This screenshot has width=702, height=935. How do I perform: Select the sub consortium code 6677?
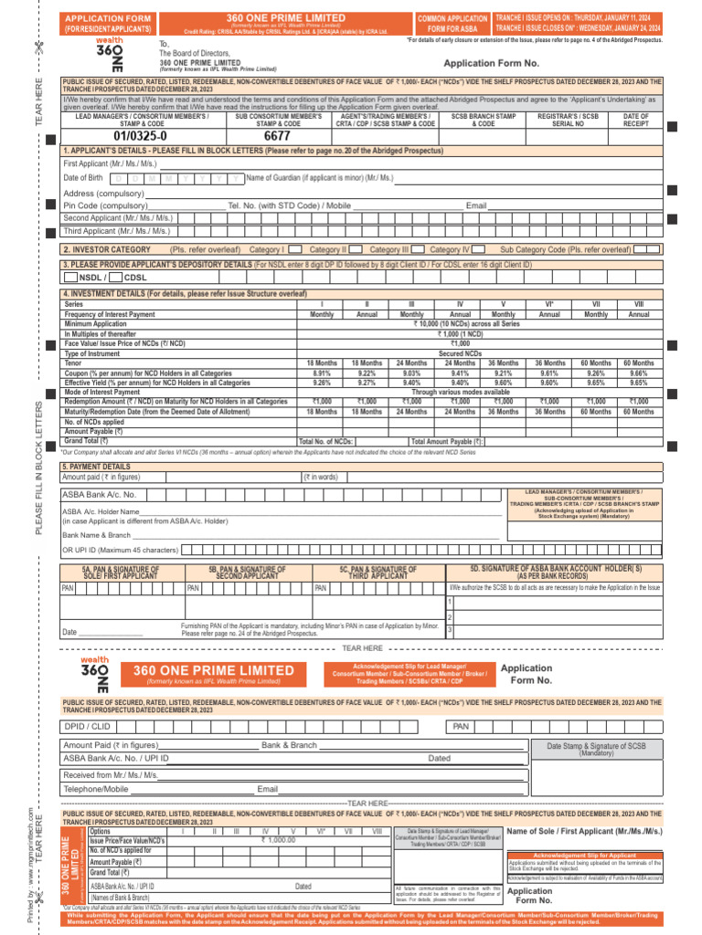click(276, 136)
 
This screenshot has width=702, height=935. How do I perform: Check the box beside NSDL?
click(70, 277)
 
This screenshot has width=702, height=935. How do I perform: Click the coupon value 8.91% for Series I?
click(321, 373)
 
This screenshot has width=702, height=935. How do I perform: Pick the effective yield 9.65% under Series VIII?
click(638, 383)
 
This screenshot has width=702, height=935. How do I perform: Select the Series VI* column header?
click(549, 303)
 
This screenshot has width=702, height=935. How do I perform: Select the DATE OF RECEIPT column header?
click(636, 119)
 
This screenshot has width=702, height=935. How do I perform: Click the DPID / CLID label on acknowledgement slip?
click(87, 726)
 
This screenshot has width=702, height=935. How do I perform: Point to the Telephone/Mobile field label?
click(95, 789)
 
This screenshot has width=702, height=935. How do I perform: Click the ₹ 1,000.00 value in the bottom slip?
click(278, 839)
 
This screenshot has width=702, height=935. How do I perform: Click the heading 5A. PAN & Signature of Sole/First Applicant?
click(121, 572)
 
